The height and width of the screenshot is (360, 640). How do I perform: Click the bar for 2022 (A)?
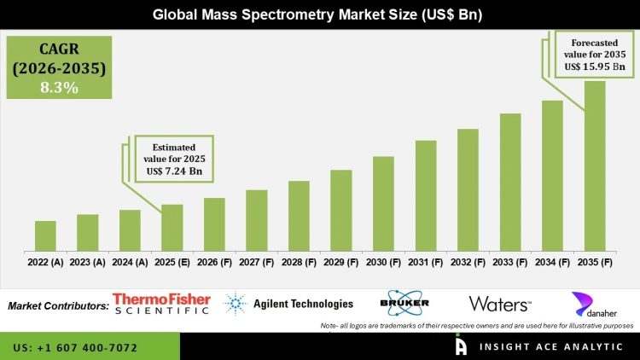[x=45, y=236]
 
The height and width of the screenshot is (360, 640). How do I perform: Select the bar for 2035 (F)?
[x=594, y=166]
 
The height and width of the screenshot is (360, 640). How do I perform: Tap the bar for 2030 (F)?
[x=383, y=204]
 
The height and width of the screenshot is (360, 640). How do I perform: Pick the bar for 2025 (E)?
[x=172, y=228]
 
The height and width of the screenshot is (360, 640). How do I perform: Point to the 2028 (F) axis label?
[x=299, y=263]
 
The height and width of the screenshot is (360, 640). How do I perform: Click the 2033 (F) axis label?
[x=510, y=263]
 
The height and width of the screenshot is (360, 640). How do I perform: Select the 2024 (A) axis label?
[x=130, y=263]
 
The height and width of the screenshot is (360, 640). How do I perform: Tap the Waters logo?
[x=500, y=304]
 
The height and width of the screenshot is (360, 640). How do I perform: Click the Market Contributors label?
[x=58, y=305]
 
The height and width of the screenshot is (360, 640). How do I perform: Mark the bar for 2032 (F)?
[x=468, y=190]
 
